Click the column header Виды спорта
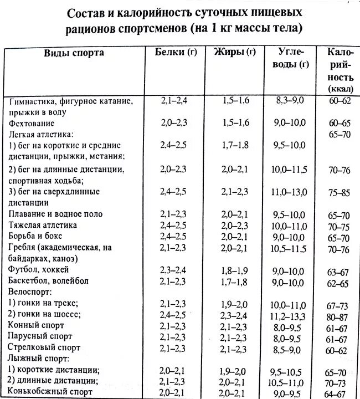pyautogui.click(x=74, y=53)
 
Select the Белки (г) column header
pyautogui.click(x=176, y=53)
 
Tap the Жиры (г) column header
pyautogui.click(x=234, y=53)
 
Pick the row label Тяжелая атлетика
pyautogui.click(x=50, y=225)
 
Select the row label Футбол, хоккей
pyautogui.click(x=39, y=269)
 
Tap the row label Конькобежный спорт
pyautogui.click(x=49, y=392)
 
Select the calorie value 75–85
pyautogui.click(x=337, y=192)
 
